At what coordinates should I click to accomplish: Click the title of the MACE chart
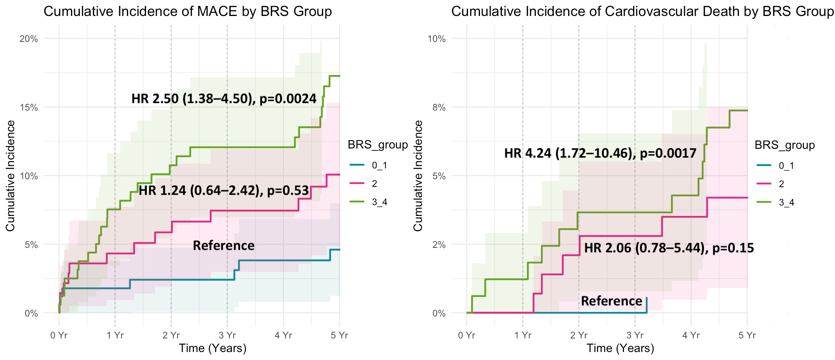point(188,12)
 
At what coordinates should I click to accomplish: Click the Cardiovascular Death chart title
point(642,12)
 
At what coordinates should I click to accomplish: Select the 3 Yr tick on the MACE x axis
point(227,335)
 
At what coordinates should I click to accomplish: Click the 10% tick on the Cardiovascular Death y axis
point(436,39)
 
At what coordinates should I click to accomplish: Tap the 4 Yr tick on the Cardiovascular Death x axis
point(691,335)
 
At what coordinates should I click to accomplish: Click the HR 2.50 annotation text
point(224,99)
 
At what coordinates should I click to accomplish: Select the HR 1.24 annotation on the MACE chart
point(224,191)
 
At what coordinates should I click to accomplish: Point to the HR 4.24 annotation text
point(600,153)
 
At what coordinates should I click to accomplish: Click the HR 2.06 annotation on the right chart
point(669,248)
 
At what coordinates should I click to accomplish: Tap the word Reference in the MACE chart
point(223,245)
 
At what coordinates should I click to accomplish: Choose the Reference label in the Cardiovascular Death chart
point(612,301)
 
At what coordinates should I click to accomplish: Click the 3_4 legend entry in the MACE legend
point(379,202)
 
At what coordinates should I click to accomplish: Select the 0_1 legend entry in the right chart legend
point(786,166)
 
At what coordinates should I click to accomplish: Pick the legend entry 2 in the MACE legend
point(374,184)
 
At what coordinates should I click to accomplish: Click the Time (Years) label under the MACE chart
point(213,348)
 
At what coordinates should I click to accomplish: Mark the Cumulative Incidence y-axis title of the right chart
point(418,176)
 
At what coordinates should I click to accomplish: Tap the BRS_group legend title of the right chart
point(784,145)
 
